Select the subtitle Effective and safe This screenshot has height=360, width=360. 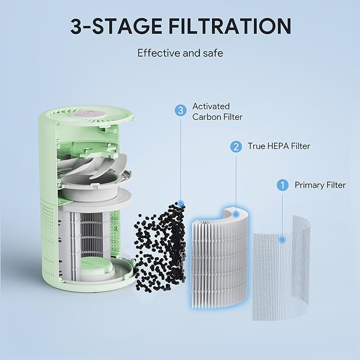[x=180, y=53]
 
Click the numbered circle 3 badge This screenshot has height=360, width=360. [x=181, y=110]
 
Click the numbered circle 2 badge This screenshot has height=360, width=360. [x=234, y=146]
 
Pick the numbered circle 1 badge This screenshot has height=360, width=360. [x=283, y=185]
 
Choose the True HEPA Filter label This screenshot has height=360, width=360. [x=279, y=146]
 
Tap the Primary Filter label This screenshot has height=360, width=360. [x=320, y=185]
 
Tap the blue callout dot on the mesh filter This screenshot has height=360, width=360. [x=283, y=240]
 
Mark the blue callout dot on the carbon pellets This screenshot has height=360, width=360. [x=181, y=203]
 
